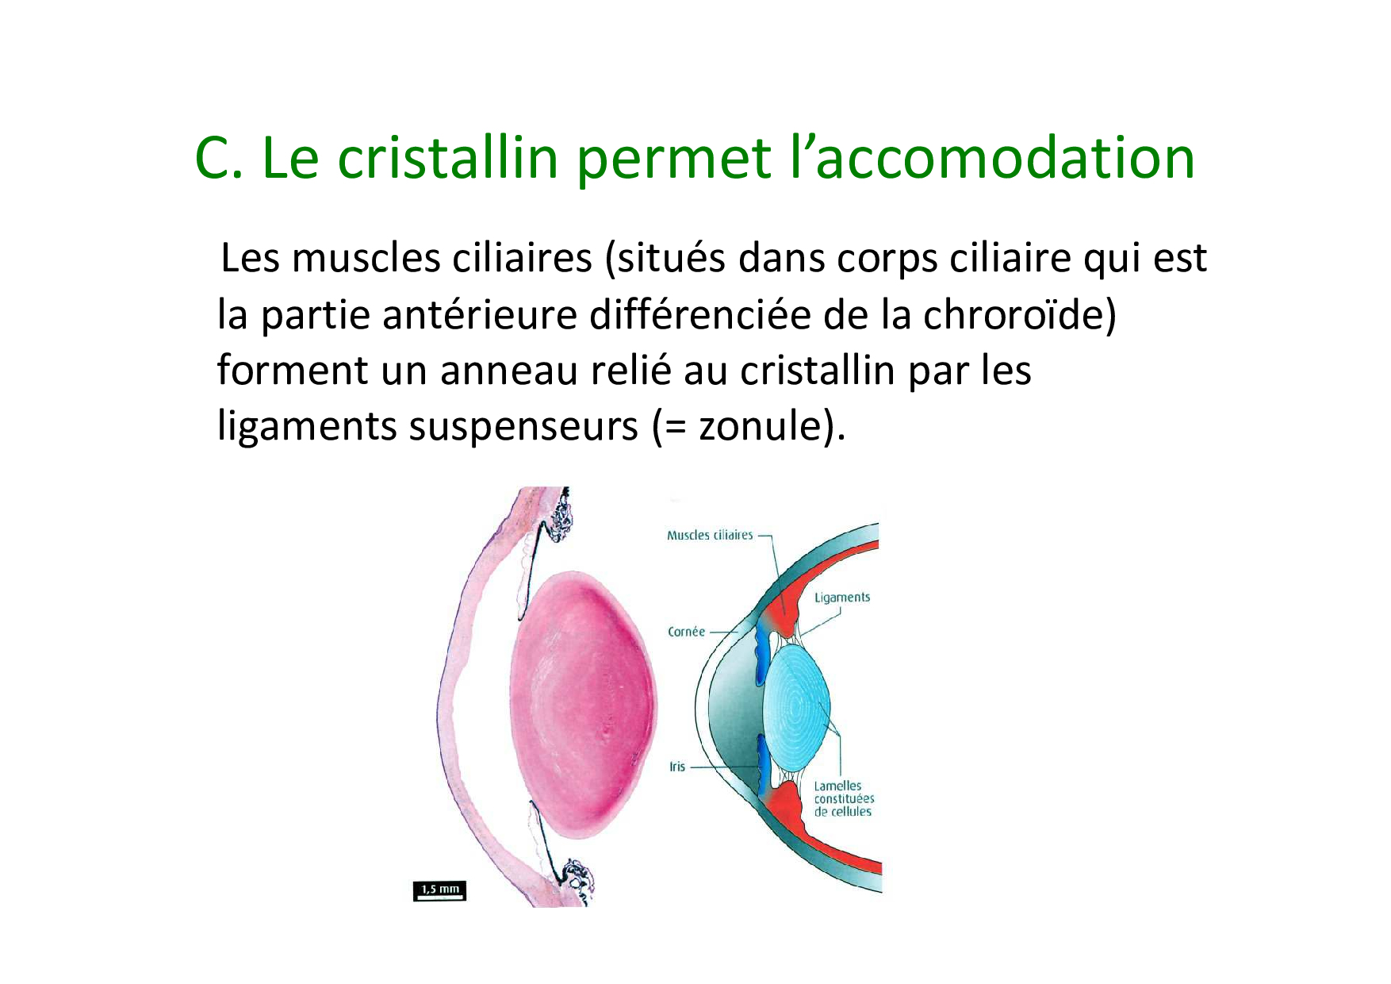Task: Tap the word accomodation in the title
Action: pos(1005,158)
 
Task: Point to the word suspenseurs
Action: pos(523,428)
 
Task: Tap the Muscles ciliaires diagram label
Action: pos(710,536)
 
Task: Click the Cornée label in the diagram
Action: pos(686,632)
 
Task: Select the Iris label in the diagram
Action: pos(677,767)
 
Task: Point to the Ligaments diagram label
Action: pos(842,598)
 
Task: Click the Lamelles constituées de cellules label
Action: pos(844,798)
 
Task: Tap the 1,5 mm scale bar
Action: pos(439,891)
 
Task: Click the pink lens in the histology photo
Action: pos(584,705)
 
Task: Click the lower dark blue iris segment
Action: pos(763,765)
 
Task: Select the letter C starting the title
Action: pos(213,158)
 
